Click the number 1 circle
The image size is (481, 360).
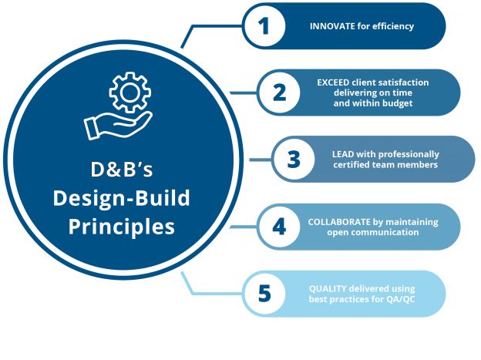(x=264, y=27)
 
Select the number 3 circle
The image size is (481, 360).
(x=294, y=160)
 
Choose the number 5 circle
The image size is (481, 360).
(x=264, y=294)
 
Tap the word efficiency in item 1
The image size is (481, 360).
(x=394, y=26)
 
